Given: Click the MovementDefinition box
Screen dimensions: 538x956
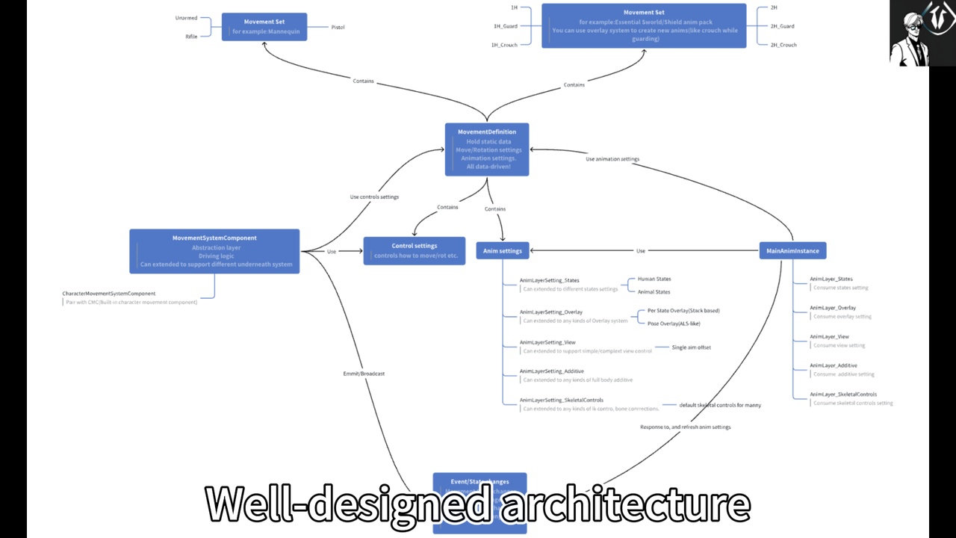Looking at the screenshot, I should pyautogui.click(x=487, y=149).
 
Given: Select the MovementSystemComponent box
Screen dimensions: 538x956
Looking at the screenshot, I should pyautogui.click(x=214, y=251).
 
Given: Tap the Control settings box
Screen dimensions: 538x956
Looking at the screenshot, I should pyautogui.click(x=415, y=250).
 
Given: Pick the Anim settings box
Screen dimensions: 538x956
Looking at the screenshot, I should pyautogui.click(x=503, y=251).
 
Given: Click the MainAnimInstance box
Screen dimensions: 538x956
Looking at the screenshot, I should pyautogui.click(x=792, y=251).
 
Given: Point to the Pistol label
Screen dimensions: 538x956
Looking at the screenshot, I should pyautogui.click(x=338, y=28).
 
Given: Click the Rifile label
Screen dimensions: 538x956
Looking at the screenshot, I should pyautogui.click(x=191, y=37).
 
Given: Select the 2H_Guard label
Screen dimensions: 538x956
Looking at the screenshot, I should pyautogui.click(x=782, y=26).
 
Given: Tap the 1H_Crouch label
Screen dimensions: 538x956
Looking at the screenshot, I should pyautogui.click(x=504, y=45).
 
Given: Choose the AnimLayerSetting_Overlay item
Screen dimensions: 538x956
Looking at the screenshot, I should pyautogui.click(x=551, y=312).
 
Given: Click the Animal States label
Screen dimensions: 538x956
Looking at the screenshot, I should pyautogui.click(x=654, y=292).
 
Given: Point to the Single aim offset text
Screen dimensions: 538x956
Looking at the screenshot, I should pyautogui.click(x=691, y=347).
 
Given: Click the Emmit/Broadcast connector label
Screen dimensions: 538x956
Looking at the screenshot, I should pyautogui.click(x=364, y=374).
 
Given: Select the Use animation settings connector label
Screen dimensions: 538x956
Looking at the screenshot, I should pyautogui.click(x=612, y=159).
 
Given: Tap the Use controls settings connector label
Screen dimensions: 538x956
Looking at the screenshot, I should pyautogui.click(x=374, y=197).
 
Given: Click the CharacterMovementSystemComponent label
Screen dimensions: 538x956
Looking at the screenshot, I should pyautogui.click(x=109, y=294).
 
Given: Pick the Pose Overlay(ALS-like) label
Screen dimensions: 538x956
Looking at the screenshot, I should pyautogui.click(x=674, y=324).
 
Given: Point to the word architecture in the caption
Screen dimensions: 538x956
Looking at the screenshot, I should pyautogui.click(x=625, y=504).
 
